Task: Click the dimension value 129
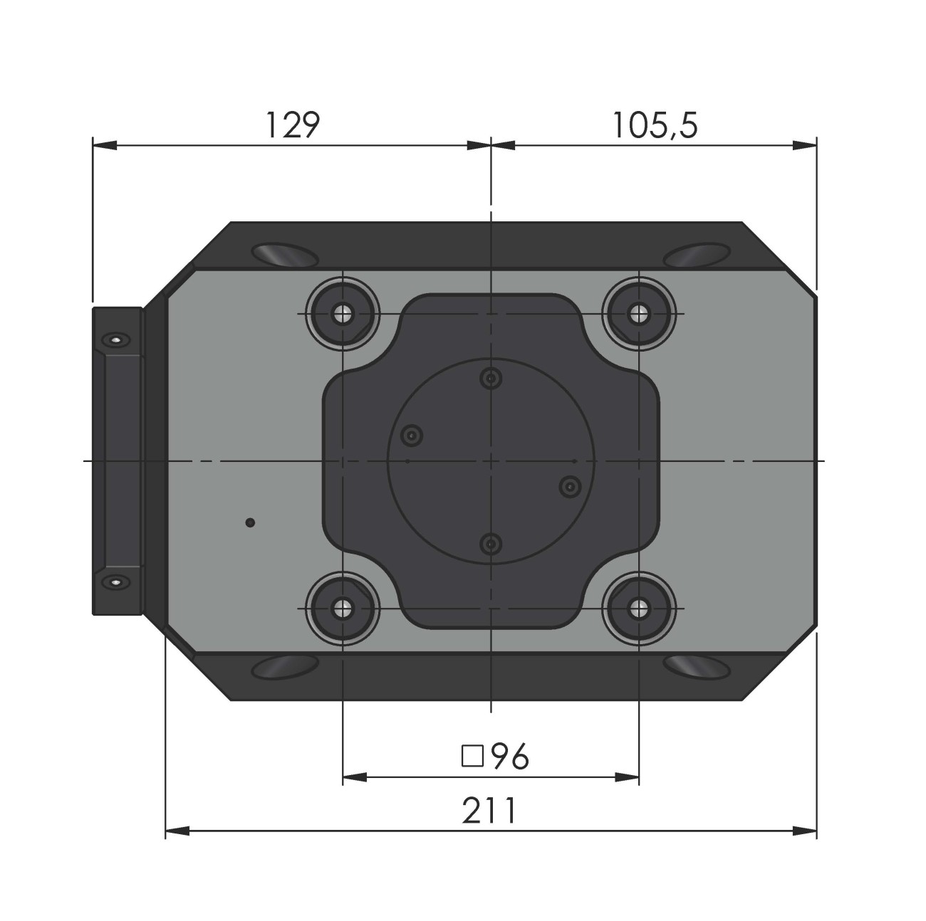(x=293, y=125)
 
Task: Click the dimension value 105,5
(x=655, y=125)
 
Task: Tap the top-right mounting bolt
(x=639, y=313)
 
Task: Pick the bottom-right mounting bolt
(x=639, y=609)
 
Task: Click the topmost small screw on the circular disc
(x=489, y=379)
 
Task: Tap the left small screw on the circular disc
(x=412, y=435)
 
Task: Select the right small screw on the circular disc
(x=569, y=486)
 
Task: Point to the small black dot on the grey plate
(x=249, y=523)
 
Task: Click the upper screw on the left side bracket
(x=115, y=340)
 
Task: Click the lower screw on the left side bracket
(x=115, y=582)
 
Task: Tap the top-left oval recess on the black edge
(x=283, y=254)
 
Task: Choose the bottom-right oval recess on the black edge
(x=697, y=666)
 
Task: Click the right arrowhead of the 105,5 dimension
(x=806, y=145)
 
